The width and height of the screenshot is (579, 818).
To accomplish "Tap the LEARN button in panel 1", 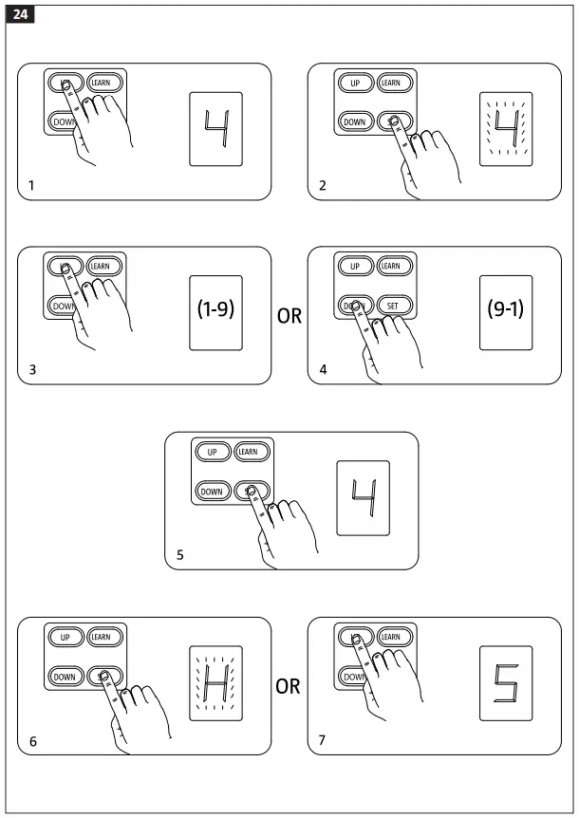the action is [x=105, y=83].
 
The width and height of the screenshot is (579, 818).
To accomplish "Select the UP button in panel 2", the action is [x=355, y=84].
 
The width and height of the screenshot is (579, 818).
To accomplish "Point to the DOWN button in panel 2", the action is [x=354, y=121].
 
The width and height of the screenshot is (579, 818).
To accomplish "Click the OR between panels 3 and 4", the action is [x=289, y=316].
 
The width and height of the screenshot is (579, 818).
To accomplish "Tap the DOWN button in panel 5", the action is [x=212, y=491].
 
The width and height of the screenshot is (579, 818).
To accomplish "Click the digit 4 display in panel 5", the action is [x=363, y=497].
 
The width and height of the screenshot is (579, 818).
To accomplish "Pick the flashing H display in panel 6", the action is [x=215, y=682].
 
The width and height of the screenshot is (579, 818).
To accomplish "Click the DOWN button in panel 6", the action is [x=65, y=676].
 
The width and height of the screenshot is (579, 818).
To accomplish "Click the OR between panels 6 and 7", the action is [x=289, y=685].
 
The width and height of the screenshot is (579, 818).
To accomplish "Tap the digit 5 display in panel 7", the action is [x=506, y=682].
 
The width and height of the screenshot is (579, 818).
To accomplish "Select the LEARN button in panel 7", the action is [x=390, y=638].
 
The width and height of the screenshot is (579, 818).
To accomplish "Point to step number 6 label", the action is [x=33, y=740].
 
